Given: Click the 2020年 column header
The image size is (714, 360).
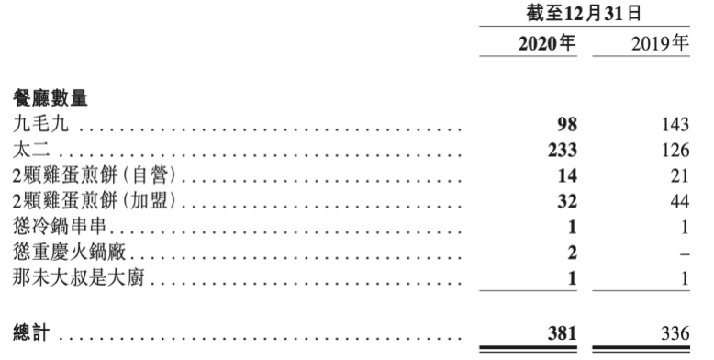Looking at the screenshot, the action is (x=547, y=43).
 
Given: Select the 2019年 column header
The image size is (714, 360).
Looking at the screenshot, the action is (x=660, y=43).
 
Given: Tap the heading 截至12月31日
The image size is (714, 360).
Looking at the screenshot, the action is (x=585, y=13).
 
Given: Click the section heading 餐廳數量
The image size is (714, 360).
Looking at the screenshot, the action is (x=50, y=98).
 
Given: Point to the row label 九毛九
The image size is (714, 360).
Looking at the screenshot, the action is (x=40, y=124).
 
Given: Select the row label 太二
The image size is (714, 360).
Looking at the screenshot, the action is (x=31, y=150).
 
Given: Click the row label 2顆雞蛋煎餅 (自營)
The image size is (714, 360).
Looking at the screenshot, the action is (x=95, y=175).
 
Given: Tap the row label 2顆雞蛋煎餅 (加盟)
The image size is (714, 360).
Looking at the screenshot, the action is (x=95, y=201).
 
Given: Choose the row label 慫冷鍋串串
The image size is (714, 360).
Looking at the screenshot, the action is (x=60, y=227).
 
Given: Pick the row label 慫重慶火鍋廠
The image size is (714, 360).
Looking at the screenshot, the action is (x=69, y=252).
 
